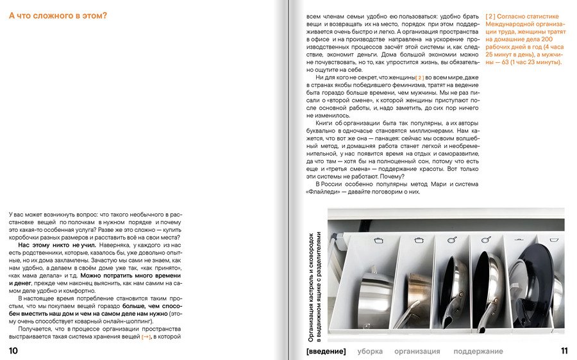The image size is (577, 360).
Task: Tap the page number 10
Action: pos(13,350)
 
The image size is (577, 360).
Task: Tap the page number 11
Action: pos(564,350)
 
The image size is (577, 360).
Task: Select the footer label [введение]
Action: pos(326,351)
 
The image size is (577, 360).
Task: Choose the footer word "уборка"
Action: pos(370,351)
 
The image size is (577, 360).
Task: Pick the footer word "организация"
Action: pos(417,351)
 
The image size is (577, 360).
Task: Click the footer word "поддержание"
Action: pos(478,351)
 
